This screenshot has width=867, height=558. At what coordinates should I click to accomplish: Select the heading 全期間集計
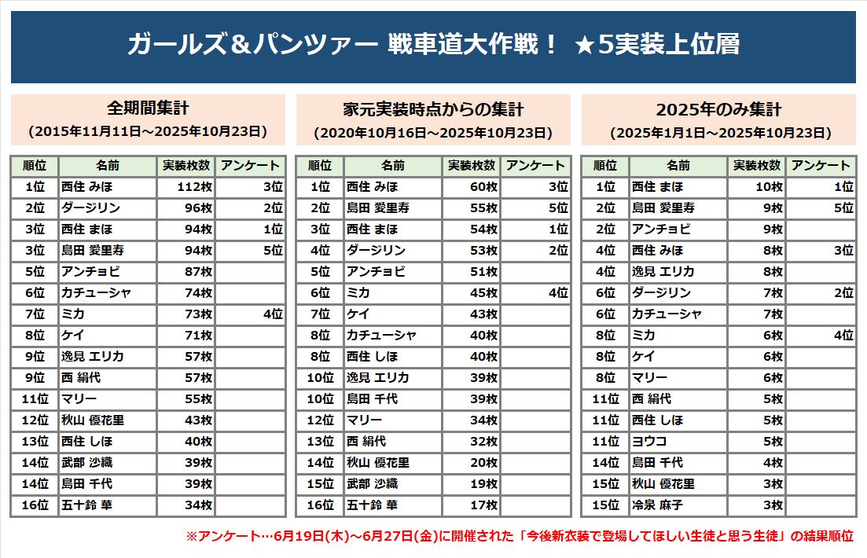click(x=148, y=108)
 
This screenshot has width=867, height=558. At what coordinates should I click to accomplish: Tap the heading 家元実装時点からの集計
click(x=433, y=108)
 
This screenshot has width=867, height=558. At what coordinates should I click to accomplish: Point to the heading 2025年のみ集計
click(x=718, y=108)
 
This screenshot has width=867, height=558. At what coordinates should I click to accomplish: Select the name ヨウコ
click(x=649, y=442)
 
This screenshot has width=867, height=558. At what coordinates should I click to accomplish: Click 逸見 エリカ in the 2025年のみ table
click(x=663, y=272)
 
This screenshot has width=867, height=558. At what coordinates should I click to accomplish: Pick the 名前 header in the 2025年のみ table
click(x=678, y=166)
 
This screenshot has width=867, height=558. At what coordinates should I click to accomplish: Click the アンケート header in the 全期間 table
click(x=250, y=166)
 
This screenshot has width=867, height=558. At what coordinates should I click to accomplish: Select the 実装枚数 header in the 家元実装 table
click(x=471, y=166)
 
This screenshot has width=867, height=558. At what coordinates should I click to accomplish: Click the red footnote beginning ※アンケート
click(x=520, y=537)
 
